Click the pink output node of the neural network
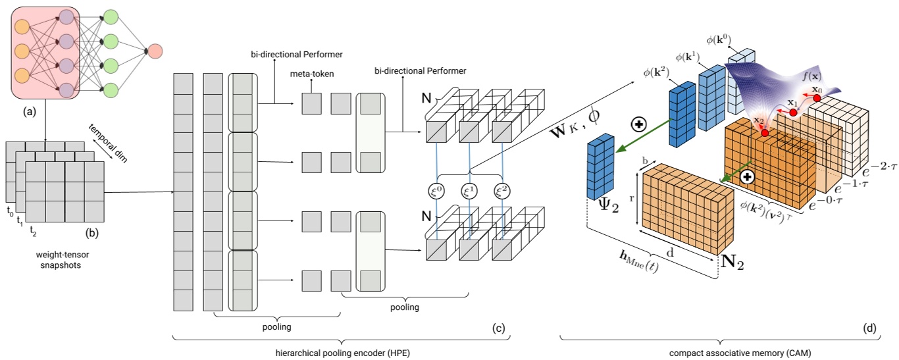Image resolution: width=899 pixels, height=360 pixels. click(x=156, y=51)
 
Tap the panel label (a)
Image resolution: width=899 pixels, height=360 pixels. click(x=30, y=113)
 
